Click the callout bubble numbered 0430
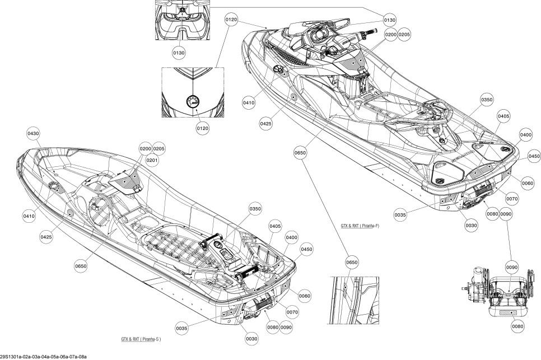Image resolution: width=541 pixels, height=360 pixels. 33,133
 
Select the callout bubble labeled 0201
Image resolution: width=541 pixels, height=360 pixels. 152,160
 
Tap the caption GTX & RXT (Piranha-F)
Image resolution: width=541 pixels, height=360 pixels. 360,226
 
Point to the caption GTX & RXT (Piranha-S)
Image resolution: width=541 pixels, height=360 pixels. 141,339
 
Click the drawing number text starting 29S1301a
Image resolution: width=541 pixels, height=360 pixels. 43,357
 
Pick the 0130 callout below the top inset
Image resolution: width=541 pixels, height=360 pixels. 179,53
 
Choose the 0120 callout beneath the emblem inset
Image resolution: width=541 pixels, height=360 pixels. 203,128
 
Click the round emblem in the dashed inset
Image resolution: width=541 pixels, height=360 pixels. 193,101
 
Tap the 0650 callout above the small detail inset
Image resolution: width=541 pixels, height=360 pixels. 352,263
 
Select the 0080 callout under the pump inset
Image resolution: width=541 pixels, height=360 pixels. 517,326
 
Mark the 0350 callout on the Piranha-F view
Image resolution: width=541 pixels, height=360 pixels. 487,100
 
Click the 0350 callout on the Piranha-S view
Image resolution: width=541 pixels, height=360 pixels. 255,209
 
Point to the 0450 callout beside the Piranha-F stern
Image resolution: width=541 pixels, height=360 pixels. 534,156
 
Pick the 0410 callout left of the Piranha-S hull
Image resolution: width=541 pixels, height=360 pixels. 29,216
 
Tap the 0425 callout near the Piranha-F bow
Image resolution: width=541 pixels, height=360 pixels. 265,123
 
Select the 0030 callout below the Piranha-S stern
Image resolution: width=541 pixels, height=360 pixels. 251,339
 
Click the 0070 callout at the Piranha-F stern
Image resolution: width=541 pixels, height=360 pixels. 512,199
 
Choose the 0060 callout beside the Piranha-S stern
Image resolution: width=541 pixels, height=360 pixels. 304,296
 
